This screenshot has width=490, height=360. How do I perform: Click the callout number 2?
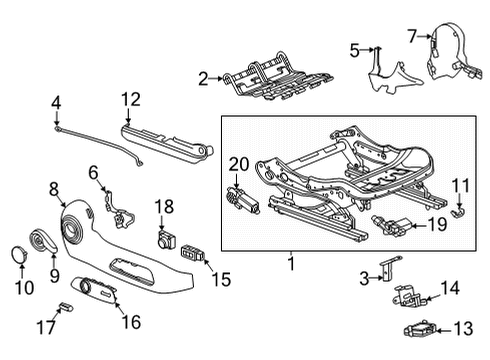[x=203, y=77]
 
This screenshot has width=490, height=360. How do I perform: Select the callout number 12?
[x=132, y=98]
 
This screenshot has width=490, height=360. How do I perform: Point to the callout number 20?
[x=238, y=164]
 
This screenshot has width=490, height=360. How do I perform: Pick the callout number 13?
[x=462, y=328]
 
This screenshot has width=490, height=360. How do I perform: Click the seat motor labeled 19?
[x=388, y=222]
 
